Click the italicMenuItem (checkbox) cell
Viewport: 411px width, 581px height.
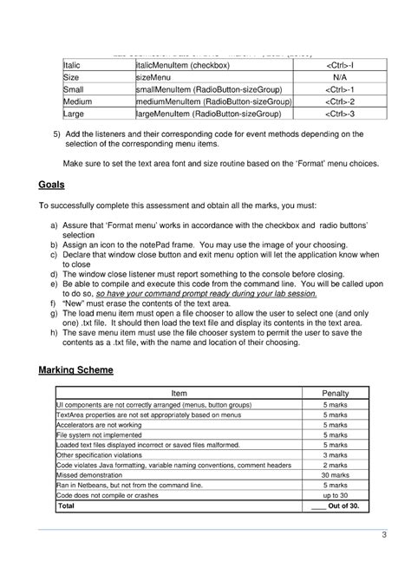pyautogui.click(x=182, y=65)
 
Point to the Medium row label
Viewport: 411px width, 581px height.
pyautogui.click(x=78, y=101)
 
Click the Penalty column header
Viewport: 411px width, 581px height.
pyautogui.click(x=335, y=393)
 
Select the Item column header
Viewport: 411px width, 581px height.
pyautogui.click(x=179, y=393)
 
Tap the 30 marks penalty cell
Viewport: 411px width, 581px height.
pyautogui.click(x=335, y=474)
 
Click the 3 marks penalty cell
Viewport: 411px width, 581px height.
pyautogui.click(x=335, y=454)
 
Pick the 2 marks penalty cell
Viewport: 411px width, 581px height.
pyautogui.click(x=335, y=464)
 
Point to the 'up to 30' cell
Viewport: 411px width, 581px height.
pyautogui.click(x=335, y=495)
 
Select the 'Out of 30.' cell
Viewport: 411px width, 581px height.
pyautogui.click(x=335, y=506)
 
